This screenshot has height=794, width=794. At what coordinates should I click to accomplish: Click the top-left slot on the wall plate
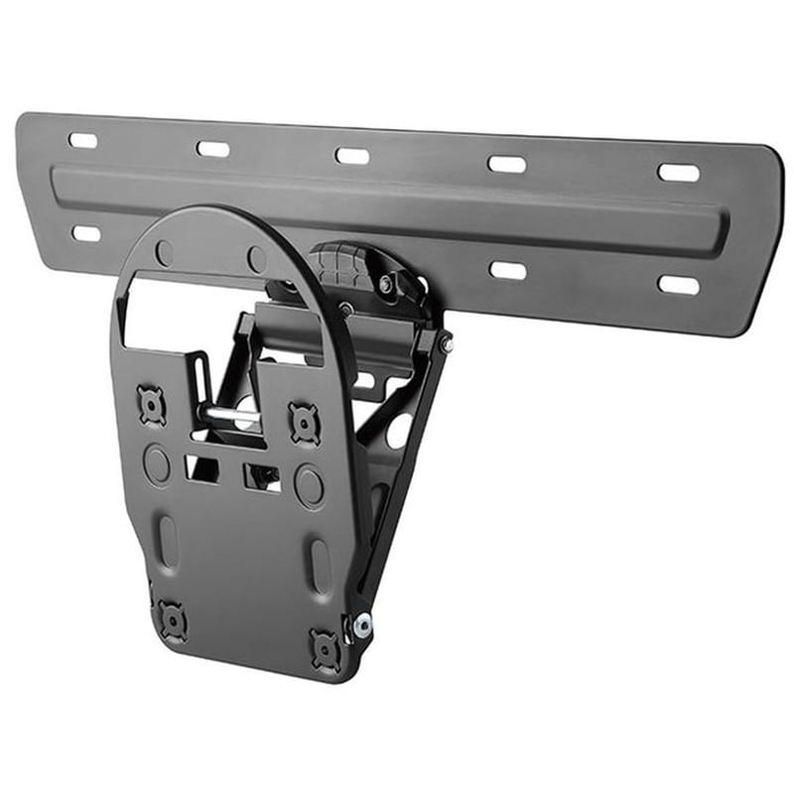(83, 140)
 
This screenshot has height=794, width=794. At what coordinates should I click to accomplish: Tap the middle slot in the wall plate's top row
(351, 156)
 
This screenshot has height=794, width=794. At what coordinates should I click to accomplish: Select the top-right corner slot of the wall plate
(679, 172)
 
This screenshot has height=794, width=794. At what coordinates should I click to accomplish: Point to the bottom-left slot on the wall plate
(86, 234)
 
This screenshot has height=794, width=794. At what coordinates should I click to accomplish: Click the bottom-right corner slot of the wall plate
(678, 285)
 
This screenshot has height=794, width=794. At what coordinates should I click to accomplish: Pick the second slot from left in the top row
(212, 149)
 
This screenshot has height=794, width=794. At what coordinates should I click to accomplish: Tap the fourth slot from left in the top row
(506, 164)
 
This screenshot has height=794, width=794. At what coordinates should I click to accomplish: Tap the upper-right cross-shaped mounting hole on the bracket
(304, 422)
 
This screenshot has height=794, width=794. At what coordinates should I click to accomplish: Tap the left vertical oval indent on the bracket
(170, 541)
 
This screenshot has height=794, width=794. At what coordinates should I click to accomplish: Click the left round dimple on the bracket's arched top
(165, 252)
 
